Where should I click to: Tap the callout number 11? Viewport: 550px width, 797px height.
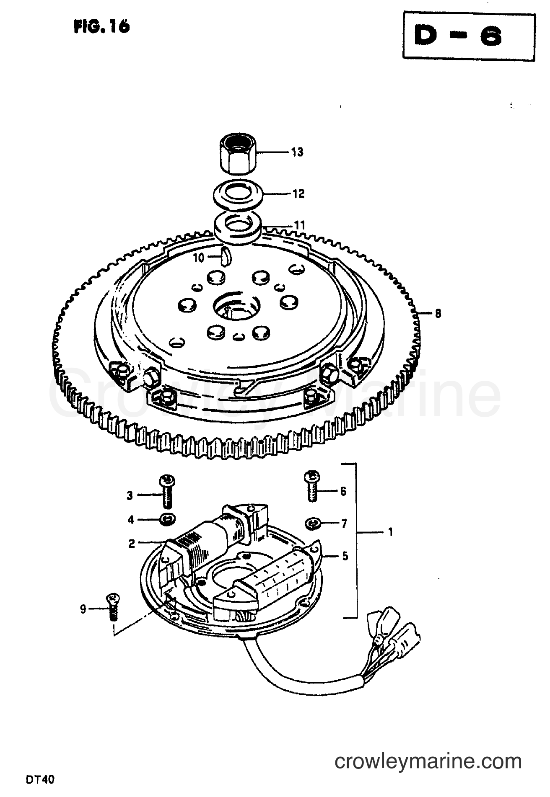299,226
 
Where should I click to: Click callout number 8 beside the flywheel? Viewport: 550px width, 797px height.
438,313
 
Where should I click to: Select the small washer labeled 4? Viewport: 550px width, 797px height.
168,520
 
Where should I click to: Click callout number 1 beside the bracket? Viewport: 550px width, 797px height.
391,532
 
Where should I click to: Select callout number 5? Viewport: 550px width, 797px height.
345,556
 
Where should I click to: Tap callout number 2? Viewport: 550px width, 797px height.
132,544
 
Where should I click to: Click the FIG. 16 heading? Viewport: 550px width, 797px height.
102,26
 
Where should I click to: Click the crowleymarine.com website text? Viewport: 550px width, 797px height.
428,761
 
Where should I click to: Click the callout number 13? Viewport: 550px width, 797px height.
297,152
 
